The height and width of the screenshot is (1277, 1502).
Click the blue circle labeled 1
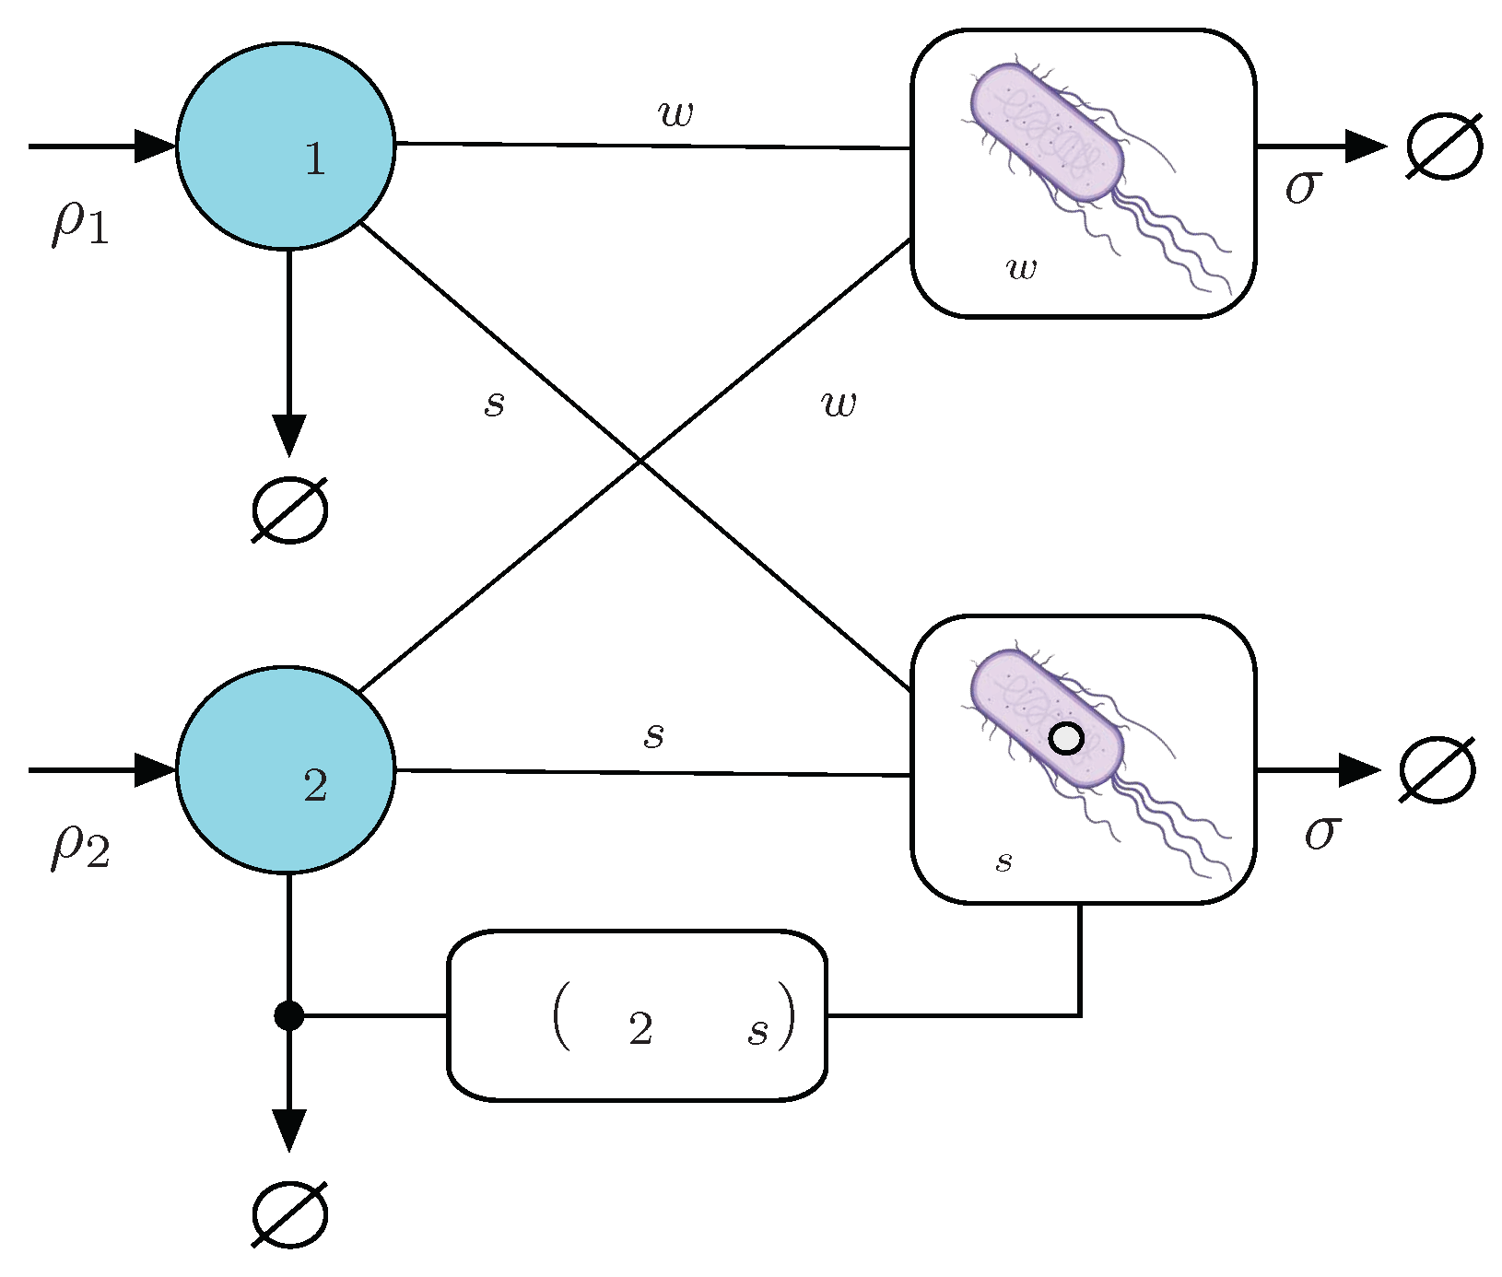coord(286,146)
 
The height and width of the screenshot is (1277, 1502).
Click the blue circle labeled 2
coord(286,769)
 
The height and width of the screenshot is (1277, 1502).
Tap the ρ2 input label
coord(80,847)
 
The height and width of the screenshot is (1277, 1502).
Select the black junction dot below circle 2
coord(288,1015)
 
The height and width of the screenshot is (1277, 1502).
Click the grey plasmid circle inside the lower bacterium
coord(1066,739)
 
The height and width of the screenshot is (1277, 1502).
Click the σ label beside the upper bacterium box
coord(1303,187)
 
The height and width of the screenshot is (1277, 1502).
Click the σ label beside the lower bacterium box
coord(1320,833)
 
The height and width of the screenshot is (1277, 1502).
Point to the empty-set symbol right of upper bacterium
coord(1444,146)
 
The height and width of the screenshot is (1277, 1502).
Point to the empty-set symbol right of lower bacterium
coord(1437,769)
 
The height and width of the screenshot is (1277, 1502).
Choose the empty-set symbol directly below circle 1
coord(289,510)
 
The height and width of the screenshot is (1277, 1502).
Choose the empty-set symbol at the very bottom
coord(289,1214)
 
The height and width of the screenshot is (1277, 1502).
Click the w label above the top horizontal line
coord(675,113)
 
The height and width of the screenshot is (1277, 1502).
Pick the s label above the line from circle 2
coord(653,735)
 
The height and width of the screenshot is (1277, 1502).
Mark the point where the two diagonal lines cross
coord(640,460)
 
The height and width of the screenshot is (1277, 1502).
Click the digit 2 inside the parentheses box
coord(641,1029)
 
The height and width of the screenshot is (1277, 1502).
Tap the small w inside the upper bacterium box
coord(1022,268)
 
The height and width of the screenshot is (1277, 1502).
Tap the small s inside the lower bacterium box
coord(1004,861)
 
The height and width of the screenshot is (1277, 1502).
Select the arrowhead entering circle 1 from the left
coord(155,146)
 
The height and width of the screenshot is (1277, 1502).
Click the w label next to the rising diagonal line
coord(839,404)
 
